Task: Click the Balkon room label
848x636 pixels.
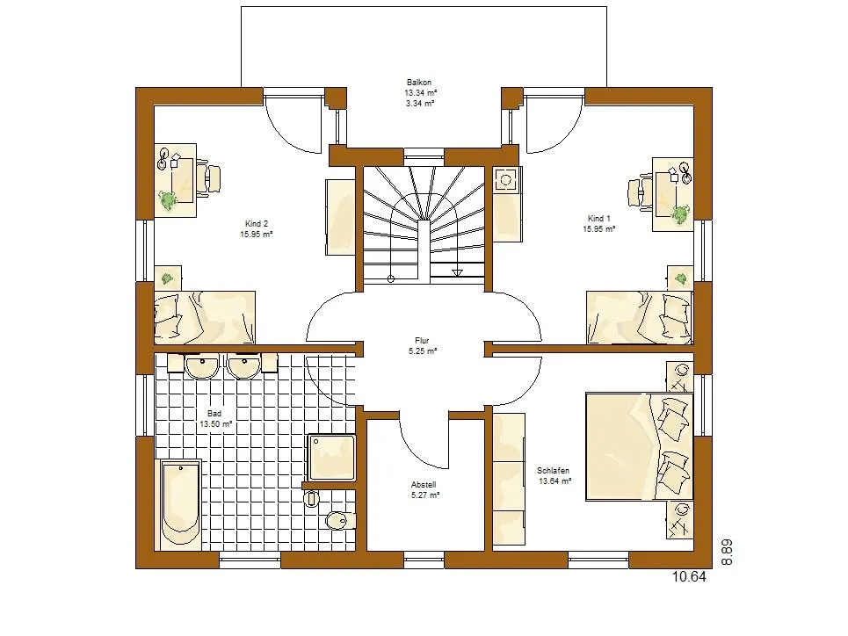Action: coord(419,83)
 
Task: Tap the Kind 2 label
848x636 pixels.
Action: coord(257,223)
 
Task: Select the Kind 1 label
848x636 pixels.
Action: coord(598,219)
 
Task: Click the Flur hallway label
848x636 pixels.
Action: coord(422,341)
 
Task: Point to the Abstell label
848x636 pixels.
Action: coord(424,485)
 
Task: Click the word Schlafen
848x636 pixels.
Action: coord(553,471)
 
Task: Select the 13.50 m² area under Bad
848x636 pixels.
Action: coord(216,424)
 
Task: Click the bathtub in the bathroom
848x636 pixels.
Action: coord(181,504)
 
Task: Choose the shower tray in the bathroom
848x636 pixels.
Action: coord(332,458)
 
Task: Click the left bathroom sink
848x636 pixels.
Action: coord(202,365)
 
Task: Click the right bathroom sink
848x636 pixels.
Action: coord(244,365)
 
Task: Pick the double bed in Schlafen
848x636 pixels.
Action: coord(639,447)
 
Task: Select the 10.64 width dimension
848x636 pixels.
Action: coord(689,577)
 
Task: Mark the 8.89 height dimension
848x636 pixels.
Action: coord(728,553)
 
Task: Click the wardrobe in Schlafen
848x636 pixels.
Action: coord(509,479)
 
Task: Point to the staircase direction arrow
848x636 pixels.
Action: coord(457,273)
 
